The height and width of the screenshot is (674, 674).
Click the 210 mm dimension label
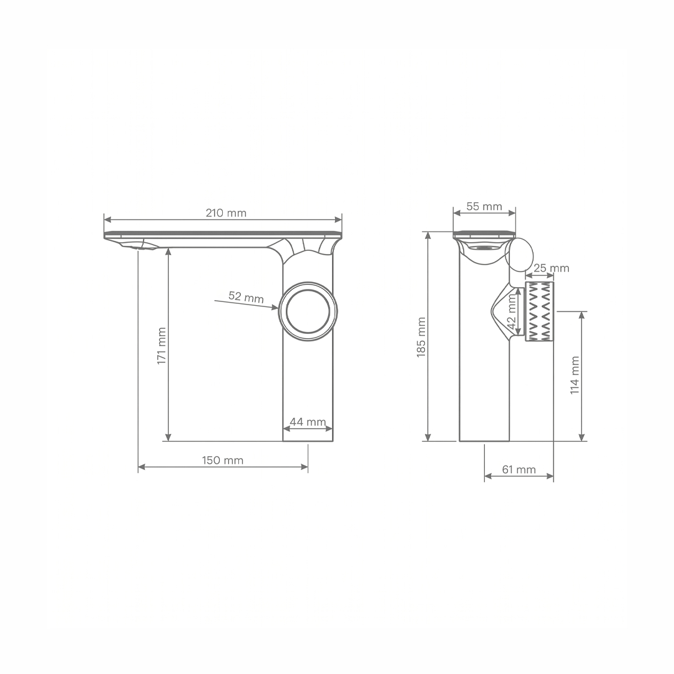226,213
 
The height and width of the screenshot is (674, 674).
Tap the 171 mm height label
162,346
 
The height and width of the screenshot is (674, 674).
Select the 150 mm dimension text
223,461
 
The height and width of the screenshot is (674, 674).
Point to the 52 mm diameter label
246,297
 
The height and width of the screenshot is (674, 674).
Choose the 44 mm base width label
308,422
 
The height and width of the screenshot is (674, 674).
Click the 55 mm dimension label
484,207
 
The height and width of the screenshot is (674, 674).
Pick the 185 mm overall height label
421,337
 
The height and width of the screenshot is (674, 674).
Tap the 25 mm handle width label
551,268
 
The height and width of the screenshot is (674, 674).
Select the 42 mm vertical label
512,311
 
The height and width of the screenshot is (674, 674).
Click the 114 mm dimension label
575,375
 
